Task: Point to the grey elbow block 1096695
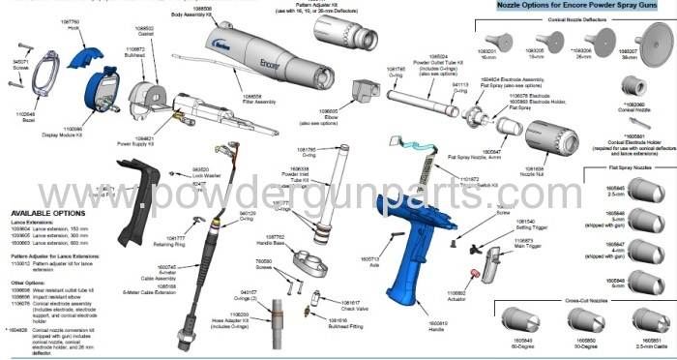[365, 93]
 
